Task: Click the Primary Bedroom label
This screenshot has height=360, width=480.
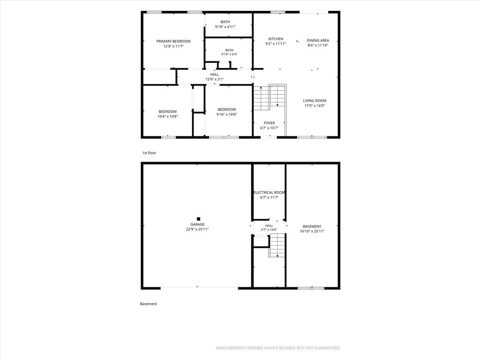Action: (x=173, y=41)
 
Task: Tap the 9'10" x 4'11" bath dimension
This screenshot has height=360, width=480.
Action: (x=225, y=27)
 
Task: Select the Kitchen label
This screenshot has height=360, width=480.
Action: (x=276, y=39)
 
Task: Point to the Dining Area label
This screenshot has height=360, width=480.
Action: (x=318, y=40)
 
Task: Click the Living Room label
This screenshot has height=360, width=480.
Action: (x=315, y=101)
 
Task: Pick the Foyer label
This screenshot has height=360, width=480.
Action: (x=269, y=123)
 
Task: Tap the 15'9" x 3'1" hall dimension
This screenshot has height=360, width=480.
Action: (x=214, y=80)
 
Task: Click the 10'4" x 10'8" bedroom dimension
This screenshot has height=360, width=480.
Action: (x=167, y=117)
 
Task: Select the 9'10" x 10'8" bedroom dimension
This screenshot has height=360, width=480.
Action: (x=226, y=114)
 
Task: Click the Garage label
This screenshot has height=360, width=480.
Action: (x=197, y=225)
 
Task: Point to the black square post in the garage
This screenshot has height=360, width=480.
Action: (x=198, y=219)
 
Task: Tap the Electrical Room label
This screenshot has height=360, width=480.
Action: (x=269, y=193)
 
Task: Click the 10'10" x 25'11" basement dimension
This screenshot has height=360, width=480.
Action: (x=312, y=232)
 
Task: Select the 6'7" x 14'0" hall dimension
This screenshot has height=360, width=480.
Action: (x=269, y=230)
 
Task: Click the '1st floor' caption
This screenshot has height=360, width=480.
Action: (x=149, y=153)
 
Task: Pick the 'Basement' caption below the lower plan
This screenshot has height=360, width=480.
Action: (x=149, y=304)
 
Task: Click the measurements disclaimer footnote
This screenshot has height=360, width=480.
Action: (x=278, y=348)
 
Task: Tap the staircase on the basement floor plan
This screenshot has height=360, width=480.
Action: (x=277, y=246)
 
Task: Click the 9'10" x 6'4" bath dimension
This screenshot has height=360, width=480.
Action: (x=229, y=54)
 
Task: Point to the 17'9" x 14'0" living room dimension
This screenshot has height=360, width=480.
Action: (x=315, y=106)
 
